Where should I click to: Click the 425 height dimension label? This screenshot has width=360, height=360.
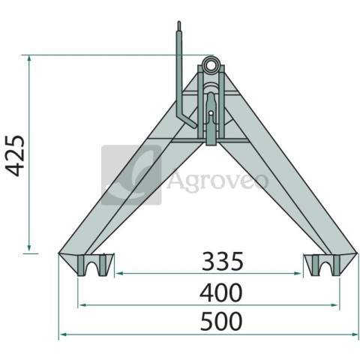tap(15, 155)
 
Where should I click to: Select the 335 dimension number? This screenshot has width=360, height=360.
tap(222, 262)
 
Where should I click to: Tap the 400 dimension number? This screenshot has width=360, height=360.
tap(221, 292)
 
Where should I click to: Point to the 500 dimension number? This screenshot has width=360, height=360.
tap(221, 321)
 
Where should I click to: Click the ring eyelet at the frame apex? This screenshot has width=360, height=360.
tap(211, 64)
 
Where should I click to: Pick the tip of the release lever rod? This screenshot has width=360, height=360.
tap(179, 22)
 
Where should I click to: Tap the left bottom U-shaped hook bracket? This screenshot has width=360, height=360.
tap(94, 265)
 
